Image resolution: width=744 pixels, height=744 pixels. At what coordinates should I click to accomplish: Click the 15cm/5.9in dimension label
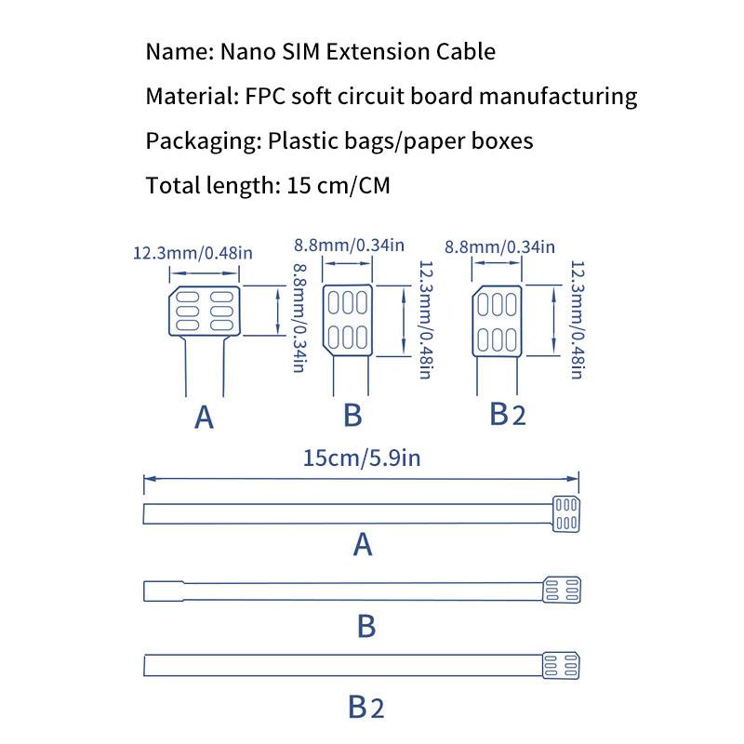(362, 457)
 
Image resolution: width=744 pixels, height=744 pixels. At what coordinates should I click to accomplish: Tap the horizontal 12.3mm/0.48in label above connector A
(193, 252)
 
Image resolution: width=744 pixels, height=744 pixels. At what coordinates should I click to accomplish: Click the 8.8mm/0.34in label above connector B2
(499, 246)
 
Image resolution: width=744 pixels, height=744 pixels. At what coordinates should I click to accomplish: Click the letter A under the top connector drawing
(205, 418)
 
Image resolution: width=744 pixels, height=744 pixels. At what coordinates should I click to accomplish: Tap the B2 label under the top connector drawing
(508, 414)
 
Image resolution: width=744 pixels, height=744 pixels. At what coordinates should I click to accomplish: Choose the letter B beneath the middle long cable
(366, 626)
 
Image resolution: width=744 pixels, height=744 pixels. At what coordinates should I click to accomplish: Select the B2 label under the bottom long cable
(366, 707)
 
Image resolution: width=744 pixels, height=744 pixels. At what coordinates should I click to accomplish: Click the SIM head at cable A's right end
(565, 513)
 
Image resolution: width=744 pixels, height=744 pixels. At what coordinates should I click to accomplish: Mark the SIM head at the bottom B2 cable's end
(562, 666)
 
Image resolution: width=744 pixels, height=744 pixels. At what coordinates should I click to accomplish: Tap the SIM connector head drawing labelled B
(349, 321)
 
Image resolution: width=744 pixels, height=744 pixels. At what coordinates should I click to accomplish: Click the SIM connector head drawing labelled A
(205, 312)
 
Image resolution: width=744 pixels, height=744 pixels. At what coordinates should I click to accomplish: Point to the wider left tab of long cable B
(163, 590)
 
